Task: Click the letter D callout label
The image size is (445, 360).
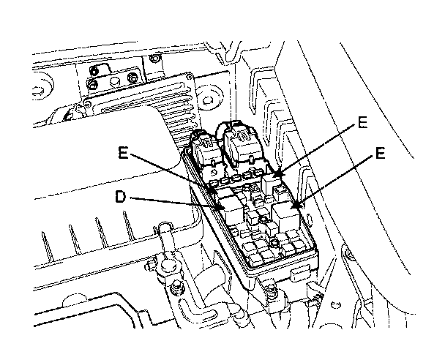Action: point(120,196)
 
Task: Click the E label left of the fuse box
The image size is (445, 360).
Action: point(123,153)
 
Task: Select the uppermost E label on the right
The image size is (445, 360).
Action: point(362,122)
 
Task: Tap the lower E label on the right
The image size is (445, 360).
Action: point(380,153)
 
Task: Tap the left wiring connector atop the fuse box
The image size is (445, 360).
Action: point(205,149)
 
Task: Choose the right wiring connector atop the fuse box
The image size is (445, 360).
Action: point(242,145)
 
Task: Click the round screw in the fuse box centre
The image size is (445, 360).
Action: point(274,244)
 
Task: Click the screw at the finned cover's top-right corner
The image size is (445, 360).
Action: point(189,76)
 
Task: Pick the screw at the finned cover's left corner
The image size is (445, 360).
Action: point(88,105)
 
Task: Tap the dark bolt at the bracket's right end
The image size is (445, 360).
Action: point(132,78)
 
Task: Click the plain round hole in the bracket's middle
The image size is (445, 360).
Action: point(114,81)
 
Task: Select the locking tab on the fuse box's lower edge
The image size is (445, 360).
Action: point(302,273)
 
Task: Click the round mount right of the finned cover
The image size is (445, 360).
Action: point(208,100)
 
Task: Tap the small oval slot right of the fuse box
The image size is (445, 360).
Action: point(309,219)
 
